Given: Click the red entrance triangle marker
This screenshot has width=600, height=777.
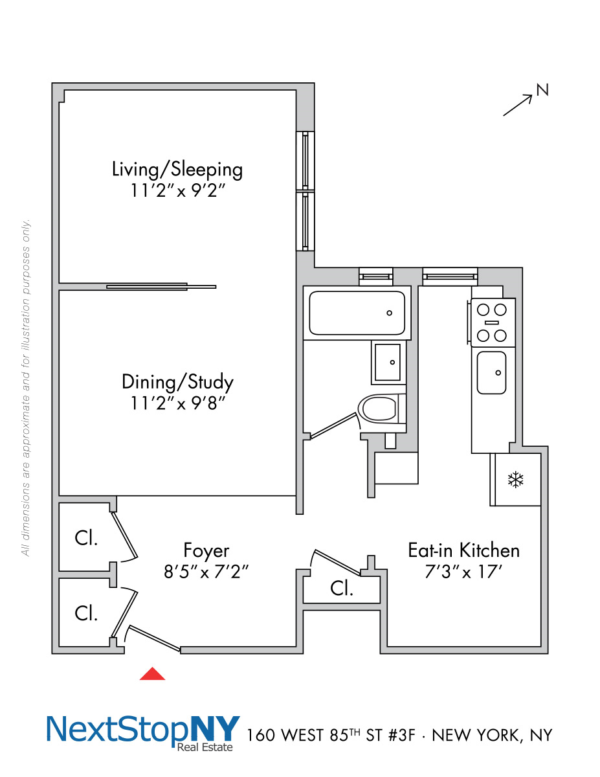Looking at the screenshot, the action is (153, 674).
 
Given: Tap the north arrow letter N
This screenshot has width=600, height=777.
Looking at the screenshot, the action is (542, 90).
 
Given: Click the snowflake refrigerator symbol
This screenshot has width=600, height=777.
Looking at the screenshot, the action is (515, 480).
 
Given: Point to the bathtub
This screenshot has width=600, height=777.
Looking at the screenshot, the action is (357, 313).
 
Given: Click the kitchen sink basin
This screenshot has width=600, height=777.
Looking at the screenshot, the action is (491, 372).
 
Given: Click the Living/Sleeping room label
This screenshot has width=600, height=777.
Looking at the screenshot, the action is (177, 169).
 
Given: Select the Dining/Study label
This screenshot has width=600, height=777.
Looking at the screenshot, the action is (177, 381).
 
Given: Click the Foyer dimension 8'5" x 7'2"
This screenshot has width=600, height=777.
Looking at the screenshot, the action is (206, 572).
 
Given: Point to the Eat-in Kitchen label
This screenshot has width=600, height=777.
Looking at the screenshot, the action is (463, 550).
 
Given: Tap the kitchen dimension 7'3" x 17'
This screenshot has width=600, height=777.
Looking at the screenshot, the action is (463, 572).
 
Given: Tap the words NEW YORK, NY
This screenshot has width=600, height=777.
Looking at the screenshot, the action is (492, 736).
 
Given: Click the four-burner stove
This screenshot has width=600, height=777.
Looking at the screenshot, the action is (491, 322).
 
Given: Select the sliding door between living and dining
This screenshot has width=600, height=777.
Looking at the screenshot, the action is (161, 286).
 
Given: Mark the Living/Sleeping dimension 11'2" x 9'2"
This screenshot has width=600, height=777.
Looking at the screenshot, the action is (177, 191).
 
